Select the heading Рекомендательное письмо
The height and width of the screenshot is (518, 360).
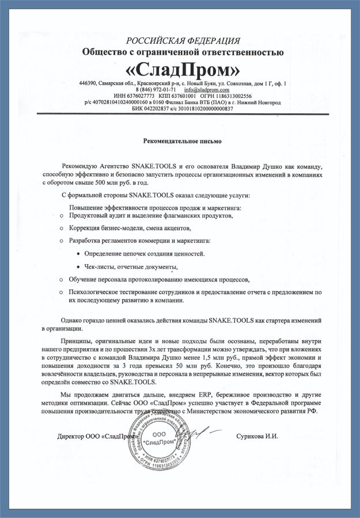(182, 140)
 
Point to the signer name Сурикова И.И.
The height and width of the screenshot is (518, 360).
(257, 436)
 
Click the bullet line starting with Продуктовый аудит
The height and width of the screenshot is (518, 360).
(151, 216)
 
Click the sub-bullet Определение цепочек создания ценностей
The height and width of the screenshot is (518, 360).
(144, 253)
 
